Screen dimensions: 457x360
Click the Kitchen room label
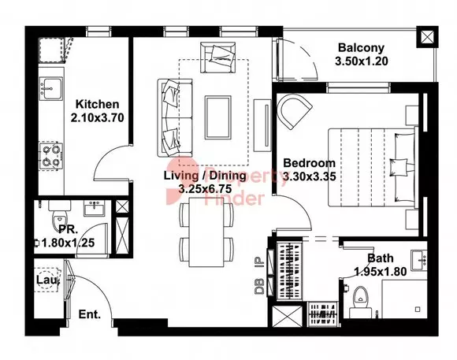point(98,104)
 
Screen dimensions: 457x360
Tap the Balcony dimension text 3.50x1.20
point(362,61)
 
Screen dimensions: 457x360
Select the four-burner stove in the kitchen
point(51,155)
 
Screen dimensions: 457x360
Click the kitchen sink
point(51,88)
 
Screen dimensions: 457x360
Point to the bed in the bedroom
point(372,167)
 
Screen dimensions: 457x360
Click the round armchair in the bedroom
point(294,112)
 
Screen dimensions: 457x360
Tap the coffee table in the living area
point(218,117)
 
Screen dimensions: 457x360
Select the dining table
point(206,232)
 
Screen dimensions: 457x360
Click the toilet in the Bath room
point(361,302)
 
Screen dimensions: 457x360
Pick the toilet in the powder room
point(60,216)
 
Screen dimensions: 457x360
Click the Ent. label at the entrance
point(90,314)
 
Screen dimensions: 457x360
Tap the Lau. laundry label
point(48,280)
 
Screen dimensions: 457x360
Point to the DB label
point(259,286)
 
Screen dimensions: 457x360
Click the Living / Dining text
point(205,176)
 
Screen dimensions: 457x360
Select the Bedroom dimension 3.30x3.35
point(309,176)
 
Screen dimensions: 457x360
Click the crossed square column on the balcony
point(427,37)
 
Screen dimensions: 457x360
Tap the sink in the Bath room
point(419,260)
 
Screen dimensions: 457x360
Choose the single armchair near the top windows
point(218,58)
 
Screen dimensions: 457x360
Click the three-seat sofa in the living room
point(175,117)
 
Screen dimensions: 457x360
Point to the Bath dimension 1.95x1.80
point(380,272)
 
